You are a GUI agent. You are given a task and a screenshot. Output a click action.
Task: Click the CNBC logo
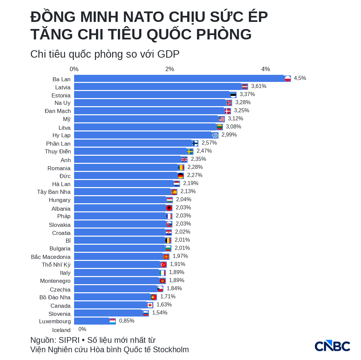click(332, 346)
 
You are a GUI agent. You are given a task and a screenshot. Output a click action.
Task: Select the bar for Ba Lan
click(182, 78)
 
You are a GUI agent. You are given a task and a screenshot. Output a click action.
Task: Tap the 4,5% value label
click(300, 78)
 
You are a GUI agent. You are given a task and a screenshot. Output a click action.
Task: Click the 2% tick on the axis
click(170, 69)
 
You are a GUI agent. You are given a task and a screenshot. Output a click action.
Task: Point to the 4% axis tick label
click(265, 69)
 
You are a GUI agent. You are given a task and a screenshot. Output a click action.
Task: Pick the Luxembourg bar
click(95, 321)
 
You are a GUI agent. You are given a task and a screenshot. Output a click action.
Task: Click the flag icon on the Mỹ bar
click(222, 119)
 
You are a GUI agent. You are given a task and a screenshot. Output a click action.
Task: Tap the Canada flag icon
click(150, 305)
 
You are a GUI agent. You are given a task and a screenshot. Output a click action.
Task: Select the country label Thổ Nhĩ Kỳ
click(56, 265)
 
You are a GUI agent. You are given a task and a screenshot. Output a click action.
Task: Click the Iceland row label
click(61, 330)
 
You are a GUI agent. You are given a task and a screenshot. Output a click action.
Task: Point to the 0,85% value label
click(127, 321)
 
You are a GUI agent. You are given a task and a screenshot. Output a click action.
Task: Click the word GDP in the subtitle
click(168, 54)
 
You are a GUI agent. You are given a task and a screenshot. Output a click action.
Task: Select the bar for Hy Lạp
click(146, 135)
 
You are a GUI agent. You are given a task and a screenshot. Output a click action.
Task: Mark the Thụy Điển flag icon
click(190, 151)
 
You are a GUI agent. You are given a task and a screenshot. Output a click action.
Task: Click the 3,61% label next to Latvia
click(259, 86)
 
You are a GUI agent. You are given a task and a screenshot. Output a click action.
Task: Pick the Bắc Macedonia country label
click(51, 257)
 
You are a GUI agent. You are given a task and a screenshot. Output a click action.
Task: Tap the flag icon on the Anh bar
click(184, 159)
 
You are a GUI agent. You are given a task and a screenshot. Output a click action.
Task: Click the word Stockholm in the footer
click(171, 350)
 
